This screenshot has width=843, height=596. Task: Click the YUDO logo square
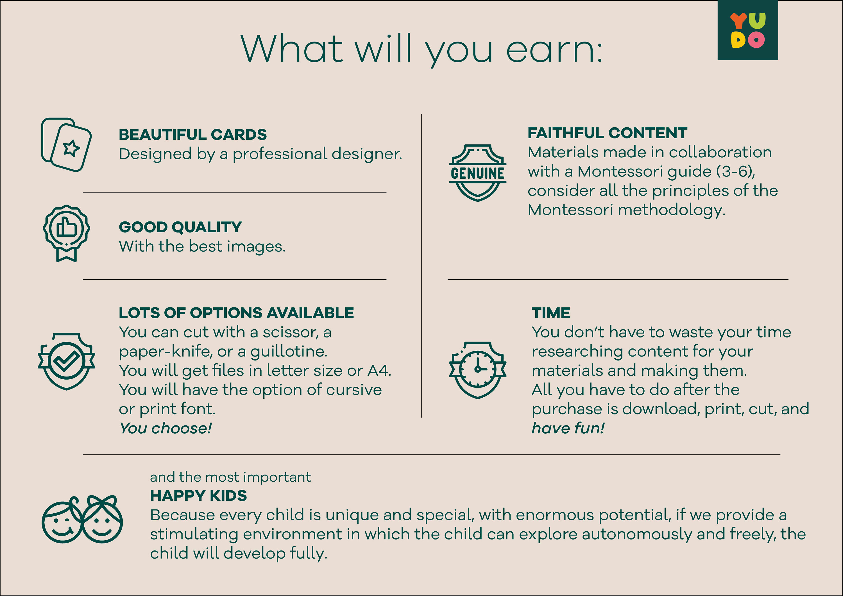click(747, 30)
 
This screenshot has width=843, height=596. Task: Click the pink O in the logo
click(756, 40)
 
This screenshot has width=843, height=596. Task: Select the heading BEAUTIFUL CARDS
click(193, 135)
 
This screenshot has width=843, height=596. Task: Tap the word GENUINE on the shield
click(477, 173)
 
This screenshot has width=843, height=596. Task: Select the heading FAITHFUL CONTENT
click(607, 133)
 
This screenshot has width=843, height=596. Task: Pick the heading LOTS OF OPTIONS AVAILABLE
click(236, 313)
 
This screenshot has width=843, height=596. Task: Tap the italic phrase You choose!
click(166, 428)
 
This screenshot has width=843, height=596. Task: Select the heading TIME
click(551, 313)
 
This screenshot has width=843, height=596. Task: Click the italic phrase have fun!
click(568, 428)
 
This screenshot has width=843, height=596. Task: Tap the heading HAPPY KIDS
click(198, 496)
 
